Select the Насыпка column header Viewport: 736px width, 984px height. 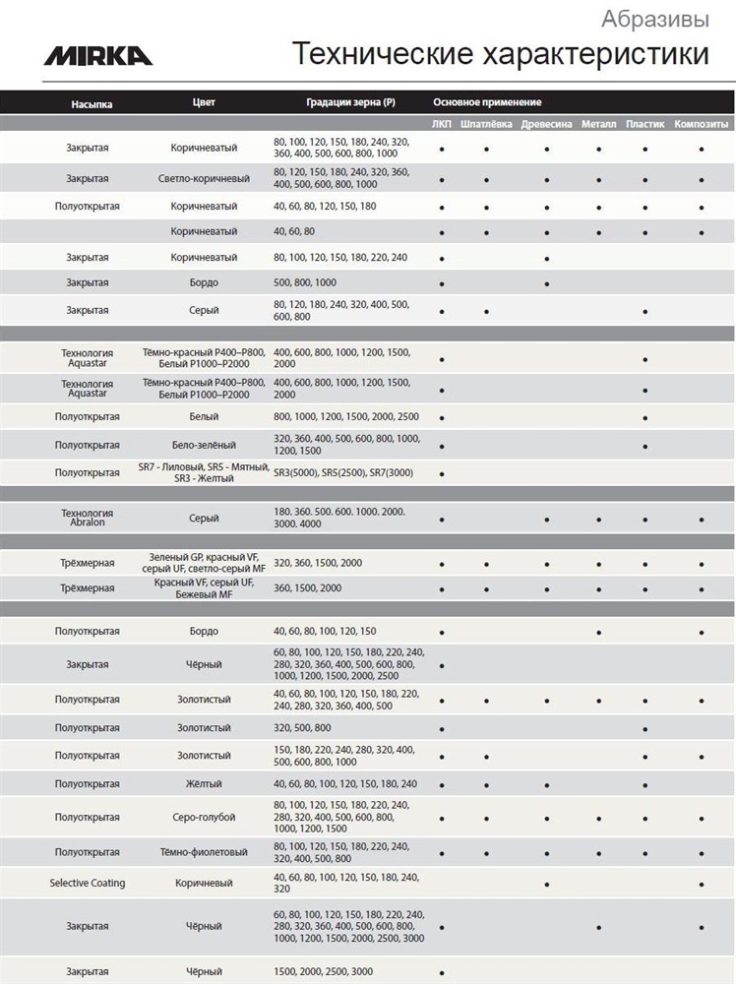pyautogui.click(x=92, y=102)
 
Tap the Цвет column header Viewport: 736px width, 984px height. pyautogui.click(x=204, y=102)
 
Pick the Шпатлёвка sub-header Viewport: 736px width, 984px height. pyautogui.click(x=486, y=125)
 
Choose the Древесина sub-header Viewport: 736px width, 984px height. pyautogui.click(x=546, y=125)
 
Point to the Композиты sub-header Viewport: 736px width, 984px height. pyautogui.click(x=702, y=125)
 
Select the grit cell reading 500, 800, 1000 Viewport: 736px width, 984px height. pyautogui.click(x=305, y=282)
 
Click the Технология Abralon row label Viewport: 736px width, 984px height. pyautogui.click(x=88, y=519)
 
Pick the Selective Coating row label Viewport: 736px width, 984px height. pyautogui.click(x=88, y=883)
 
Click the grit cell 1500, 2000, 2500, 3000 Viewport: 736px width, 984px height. pyautogui.click(x=323, y=971)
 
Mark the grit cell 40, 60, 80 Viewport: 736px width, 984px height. pyautogui.click(x=294, y=230)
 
